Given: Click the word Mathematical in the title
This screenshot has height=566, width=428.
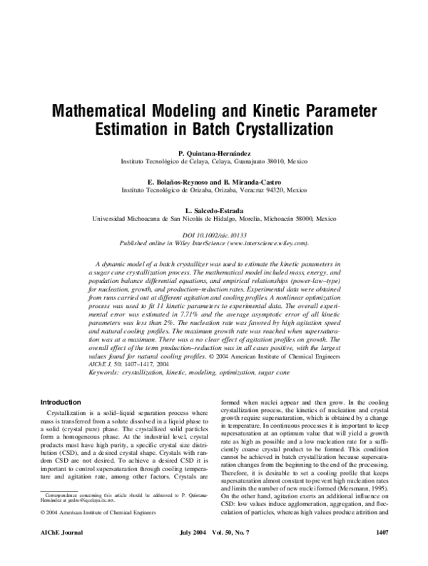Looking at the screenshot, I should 106,112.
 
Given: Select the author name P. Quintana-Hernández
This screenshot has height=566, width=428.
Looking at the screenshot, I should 214,153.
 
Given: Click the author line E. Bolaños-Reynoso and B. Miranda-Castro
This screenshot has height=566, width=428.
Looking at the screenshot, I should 214,182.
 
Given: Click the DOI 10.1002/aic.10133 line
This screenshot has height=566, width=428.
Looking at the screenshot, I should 214,235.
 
